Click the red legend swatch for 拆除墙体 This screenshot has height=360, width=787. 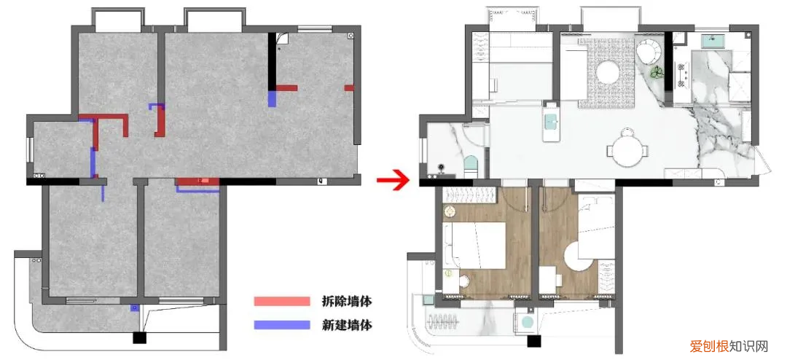(x=282, y=301)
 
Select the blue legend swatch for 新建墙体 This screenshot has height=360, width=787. (x=282, y=325)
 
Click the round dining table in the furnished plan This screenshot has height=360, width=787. (x=628, y=150)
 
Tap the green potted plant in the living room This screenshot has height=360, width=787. (x=657, y=72)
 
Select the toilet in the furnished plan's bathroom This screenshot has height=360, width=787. (x=470, y=164)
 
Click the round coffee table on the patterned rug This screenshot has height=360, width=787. (x=608, y=73)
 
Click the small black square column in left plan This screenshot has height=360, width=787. (x=138, y=337)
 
